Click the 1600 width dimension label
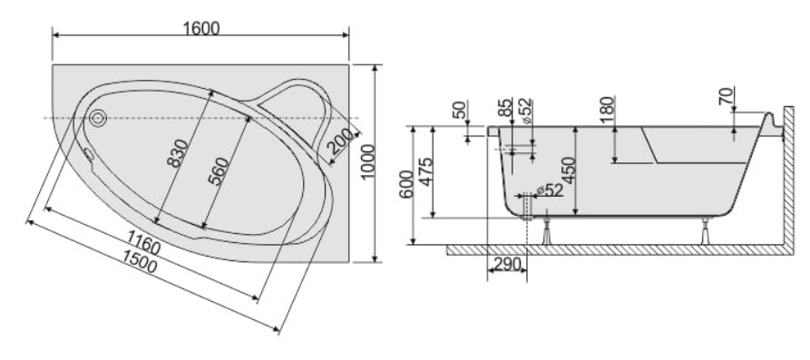[x=201, y=28]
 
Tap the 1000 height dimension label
[x=367, y=161]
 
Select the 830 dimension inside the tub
[x=177, y=153]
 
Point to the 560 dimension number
[x=218, y=171]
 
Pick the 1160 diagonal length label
[x=143, y=242]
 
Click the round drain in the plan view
[x=98, y=118]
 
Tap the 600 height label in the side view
[x=406, y=185]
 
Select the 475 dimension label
[x=425, y=172]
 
